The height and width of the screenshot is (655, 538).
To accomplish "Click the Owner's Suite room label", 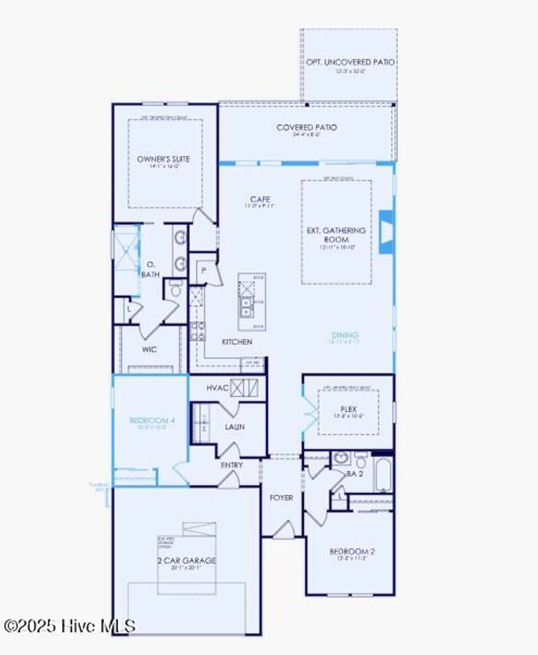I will (x=164, y=159).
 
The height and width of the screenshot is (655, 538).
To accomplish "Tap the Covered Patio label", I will (x=306, y=128).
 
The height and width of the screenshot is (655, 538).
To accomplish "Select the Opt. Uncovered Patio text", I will (x=350, y=62).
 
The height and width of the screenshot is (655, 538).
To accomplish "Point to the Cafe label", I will (x=260, y=200).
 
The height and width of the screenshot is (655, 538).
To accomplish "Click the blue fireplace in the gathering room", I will (x=386, y=231).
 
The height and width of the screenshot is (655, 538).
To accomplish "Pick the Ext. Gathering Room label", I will (x=336, y=235).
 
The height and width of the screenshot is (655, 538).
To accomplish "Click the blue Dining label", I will (x=345, y=335).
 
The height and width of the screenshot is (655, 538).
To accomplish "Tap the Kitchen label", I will (x=237, y=342).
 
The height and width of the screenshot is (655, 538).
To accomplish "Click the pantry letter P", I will (x=203, y=270).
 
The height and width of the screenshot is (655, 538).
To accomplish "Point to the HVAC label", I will (x=217, y=388).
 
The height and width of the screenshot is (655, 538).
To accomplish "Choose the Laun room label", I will (x=234, y=427).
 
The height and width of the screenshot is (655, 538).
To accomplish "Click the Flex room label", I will (x=348, y=410).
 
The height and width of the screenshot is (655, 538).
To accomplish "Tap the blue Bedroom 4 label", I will (x=152, y=421).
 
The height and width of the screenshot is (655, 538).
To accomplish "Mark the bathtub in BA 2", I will (x=383, y=475).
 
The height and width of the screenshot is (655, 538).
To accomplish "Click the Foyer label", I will (x=281, y=498).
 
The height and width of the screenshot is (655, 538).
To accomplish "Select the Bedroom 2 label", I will (x=352, y=552).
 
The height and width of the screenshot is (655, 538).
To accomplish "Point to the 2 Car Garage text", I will (x=187, y=560).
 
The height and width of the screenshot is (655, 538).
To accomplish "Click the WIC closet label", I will (x=149, y=349).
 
